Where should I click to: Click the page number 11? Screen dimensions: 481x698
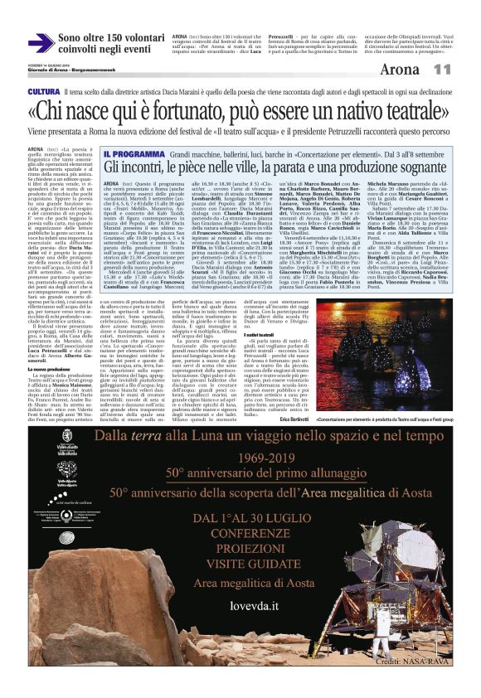pos(464,70)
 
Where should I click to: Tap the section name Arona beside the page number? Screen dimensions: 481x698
pos(420,70)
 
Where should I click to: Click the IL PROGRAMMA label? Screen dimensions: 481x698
pos(134,153)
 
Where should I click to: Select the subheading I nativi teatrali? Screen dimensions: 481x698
pos(243,356)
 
